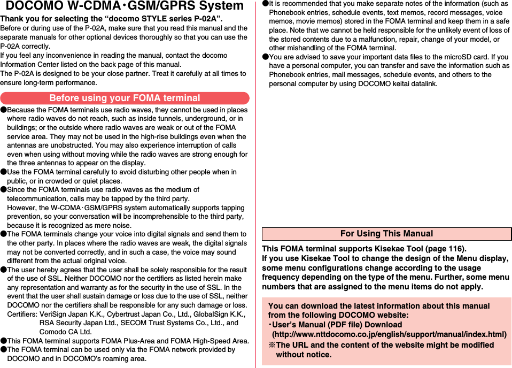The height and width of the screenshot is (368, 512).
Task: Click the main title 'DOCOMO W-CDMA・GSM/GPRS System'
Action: [x=125, y=6]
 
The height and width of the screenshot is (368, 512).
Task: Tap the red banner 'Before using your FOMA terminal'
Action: [x=125, y=98]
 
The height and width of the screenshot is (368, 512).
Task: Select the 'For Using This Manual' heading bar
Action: [x=386, y=234]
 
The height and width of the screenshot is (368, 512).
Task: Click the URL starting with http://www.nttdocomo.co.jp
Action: [x=389, y=334]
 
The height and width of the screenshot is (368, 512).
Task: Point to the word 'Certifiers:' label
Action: [x=22, y=314]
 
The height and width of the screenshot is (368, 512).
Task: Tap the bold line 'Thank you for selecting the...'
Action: [x=112, y=20]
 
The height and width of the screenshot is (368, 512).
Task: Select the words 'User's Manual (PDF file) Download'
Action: [x=337, y=325]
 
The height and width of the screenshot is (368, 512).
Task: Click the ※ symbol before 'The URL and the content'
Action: [x=271, y=345]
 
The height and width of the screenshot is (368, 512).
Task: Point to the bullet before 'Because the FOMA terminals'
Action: [x=3, y=110]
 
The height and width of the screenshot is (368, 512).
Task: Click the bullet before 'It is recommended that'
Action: [x=265, y=4]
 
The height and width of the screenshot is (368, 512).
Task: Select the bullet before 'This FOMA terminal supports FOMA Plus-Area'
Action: [x=3, y=341]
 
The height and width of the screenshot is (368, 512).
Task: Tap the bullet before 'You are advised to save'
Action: [x=265, y=57]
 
